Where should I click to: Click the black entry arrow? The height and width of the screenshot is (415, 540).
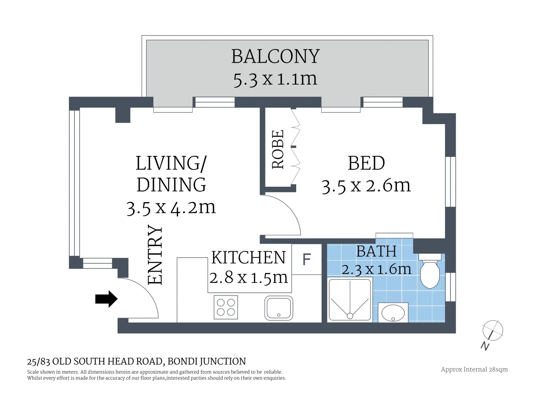106,299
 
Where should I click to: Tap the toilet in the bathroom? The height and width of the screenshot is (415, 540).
430,271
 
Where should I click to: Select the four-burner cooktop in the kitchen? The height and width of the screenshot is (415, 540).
226,307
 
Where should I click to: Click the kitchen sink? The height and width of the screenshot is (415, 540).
278,308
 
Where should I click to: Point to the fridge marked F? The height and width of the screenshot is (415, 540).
307,259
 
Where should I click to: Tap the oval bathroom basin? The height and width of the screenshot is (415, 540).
393,313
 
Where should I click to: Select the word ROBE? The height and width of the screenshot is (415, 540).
278,149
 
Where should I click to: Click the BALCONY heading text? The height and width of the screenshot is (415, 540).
275,56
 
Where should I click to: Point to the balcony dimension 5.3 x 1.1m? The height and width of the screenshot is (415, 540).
275,79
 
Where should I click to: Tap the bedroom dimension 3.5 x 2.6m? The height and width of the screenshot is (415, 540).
366,186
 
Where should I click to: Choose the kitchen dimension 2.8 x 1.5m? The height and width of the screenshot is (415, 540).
248,277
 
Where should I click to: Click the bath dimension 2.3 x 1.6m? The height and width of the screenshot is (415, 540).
376,269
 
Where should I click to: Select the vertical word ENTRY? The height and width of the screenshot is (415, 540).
155,255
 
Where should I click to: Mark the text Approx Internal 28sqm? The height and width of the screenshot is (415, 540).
474,370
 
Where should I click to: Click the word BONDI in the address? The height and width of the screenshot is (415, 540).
183,361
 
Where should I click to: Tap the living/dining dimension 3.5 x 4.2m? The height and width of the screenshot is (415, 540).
171,208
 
